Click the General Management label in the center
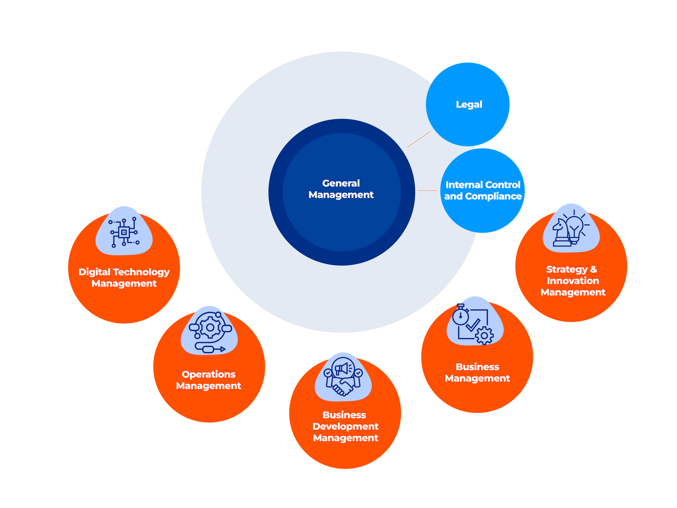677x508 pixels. click(341, 189)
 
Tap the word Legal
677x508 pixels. click(469, 104)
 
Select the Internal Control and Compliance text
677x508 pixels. click(483, 190)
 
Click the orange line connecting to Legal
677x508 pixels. click(418, 139)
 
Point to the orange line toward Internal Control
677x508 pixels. click(427, 190)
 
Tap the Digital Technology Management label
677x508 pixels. click(124, 277)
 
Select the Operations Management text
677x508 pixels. click(208, 380)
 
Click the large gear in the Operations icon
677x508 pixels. click(210, 327)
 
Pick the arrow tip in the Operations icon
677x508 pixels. click(223, 349)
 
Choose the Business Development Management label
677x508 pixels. click(345, 426)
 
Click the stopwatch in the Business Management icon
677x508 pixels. click(460, 316)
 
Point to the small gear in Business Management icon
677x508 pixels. click(484, 336)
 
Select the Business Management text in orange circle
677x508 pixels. click(477, 372)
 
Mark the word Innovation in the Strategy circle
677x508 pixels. click(573, 281)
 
